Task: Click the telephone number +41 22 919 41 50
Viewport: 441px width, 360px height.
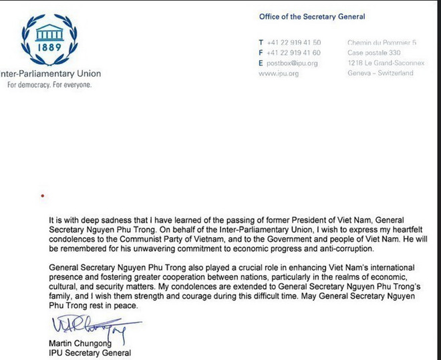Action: [294, 42]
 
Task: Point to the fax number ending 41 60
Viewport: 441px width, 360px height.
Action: [294, 53]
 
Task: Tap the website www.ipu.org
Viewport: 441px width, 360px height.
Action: [277, 73]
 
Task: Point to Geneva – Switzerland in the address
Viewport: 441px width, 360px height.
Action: [381, 73]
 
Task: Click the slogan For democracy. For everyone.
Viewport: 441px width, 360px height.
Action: [49, 85]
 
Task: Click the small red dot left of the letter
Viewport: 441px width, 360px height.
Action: [43, 196]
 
